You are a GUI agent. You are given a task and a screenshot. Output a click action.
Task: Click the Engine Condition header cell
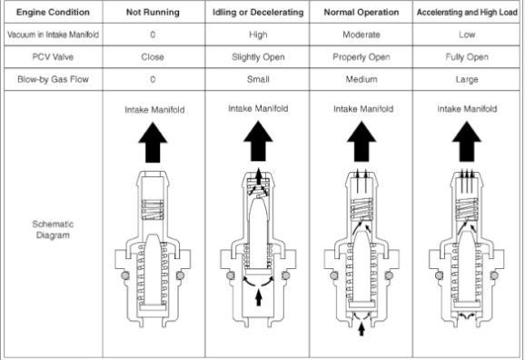53,13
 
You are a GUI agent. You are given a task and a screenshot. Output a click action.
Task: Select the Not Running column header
153,13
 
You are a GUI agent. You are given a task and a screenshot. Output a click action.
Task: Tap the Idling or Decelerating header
258,13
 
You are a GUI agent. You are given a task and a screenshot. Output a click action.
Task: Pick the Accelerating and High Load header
467,13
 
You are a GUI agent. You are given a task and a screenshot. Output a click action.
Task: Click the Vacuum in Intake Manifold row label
53,35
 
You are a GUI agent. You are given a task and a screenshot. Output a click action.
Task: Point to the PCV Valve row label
53,57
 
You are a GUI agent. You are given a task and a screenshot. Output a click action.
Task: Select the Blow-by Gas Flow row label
53,79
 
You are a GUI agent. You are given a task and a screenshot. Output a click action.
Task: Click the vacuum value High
258,35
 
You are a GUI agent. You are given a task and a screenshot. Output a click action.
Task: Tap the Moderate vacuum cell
362,35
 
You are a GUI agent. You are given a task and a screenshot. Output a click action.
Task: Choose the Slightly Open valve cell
258,57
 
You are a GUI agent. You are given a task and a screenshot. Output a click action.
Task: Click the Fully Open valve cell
467,57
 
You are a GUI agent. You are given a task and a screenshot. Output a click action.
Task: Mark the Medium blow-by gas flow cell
362,79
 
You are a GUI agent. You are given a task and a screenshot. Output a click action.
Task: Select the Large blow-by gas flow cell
467,80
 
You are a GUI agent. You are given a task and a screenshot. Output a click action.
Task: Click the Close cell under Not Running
153,57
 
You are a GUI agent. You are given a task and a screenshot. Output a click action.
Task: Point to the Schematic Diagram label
53,230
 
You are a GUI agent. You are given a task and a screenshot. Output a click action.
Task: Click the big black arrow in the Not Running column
153,143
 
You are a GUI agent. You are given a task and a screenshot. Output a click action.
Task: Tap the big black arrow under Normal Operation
362,142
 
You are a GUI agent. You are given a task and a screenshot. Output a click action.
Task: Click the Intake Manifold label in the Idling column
258,108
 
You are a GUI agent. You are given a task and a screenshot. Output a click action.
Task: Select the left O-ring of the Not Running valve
125,275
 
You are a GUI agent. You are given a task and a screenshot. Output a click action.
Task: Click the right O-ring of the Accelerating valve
494,275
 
